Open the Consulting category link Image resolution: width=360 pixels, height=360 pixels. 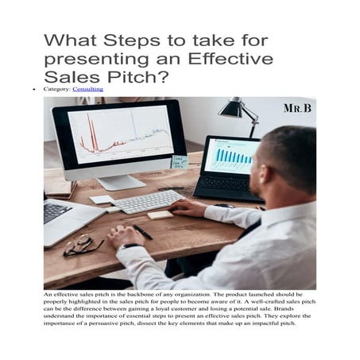click(x=87, y=90)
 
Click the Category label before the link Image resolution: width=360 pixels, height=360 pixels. click(x=57, y=90)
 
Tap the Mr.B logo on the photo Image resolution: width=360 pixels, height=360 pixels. click(x=298, y=106)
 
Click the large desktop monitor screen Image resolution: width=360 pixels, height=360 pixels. click(x=118, y=133)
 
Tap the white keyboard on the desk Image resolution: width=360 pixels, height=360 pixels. click(x=148, y=201)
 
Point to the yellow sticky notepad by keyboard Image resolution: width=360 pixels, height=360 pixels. click(x=161, y=215)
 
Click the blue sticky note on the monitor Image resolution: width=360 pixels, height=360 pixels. click(x=180, y=161)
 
